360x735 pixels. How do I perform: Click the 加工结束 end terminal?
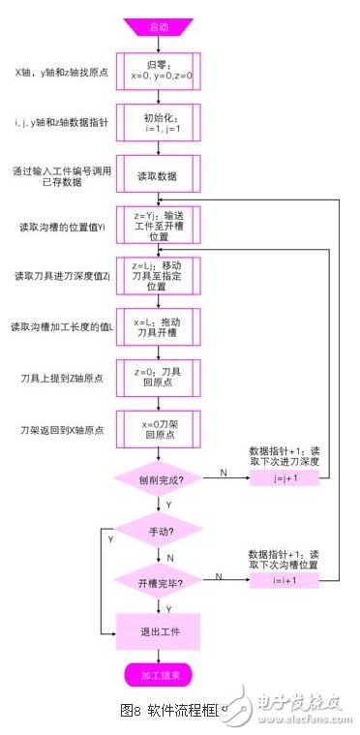158,674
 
